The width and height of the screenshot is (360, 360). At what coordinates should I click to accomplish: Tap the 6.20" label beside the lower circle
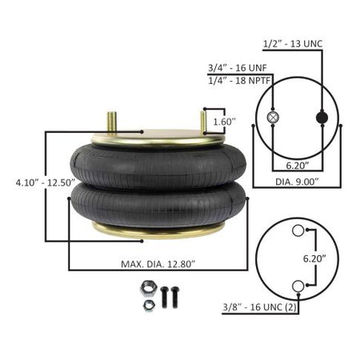[326, 259]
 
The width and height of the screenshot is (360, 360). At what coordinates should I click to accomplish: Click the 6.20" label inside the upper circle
[296, 166]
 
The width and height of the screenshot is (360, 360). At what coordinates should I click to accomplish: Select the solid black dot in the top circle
[322, 118]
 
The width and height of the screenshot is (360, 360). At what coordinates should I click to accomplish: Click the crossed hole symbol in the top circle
[272, 118]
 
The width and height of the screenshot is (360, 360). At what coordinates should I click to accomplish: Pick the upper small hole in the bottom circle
[298, 232]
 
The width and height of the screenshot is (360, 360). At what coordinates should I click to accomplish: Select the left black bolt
[164, 297]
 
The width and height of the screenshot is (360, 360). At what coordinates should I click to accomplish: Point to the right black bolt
[174, 297]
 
